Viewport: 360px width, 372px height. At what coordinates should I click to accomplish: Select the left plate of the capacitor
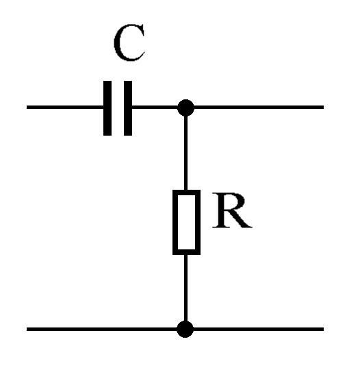click(107, 108)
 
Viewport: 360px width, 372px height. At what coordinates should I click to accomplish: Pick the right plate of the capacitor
click(128, 108)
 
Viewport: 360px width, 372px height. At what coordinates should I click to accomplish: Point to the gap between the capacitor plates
click(118, 108)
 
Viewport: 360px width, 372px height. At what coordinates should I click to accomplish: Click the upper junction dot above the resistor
click(185, 108)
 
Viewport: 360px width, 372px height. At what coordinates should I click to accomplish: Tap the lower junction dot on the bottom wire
click(185, 329)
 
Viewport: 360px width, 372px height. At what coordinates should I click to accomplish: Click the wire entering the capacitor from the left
click(65, 108)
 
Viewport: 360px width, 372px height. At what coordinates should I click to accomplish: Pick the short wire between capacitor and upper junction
click(155, 108)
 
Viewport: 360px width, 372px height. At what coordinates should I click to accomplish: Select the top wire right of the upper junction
click(259, 108)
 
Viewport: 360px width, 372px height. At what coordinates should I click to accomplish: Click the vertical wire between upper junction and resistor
click(185, 153)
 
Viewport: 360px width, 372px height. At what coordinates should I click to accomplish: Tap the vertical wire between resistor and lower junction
click(185, 288)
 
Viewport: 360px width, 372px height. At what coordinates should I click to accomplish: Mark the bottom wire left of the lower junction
click(102, 329)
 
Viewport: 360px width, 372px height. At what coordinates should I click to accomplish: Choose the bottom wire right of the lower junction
click(259, 329)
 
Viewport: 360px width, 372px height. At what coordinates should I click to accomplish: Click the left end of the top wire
click(27, 108)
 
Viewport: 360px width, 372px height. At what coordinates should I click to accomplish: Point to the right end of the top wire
click(324, 108)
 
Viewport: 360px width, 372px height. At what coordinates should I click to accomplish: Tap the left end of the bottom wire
click(27, 329)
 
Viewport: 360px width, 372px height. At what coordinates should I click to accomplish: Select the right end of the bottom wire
click(324, 329)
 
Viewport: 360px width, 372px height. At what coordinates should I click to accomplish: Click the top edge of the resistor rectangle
click(187, 192)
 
